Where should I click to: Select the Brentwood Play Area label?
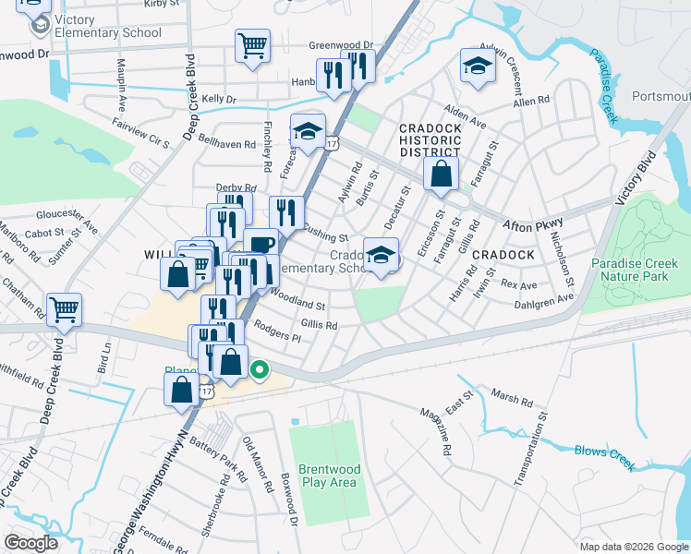coord(330,476)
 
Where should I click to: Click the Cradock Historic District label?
coord(430,139)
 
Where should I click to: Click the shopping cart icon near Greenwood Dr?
coord(252,44)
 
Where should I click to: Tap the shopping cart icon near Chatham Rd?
coord(64,310)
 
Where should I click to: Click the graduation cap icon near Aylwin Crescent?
coord(478,66)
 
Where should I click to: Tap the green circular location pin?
coord(260,371)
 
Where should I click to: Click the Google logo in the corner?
coord(31,543)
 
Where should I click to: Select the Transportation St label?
coord(527,453)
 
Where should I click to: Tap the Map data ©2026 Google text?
coord(633,547)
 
